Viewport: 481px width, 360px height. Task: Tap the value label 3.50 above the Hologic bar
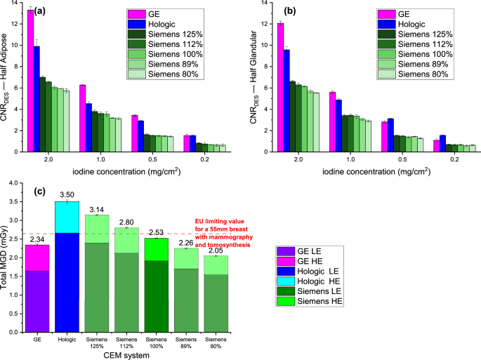pos(67,194)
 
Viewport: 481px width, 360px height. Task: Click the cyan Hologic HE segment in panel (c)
pos(67,217)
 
